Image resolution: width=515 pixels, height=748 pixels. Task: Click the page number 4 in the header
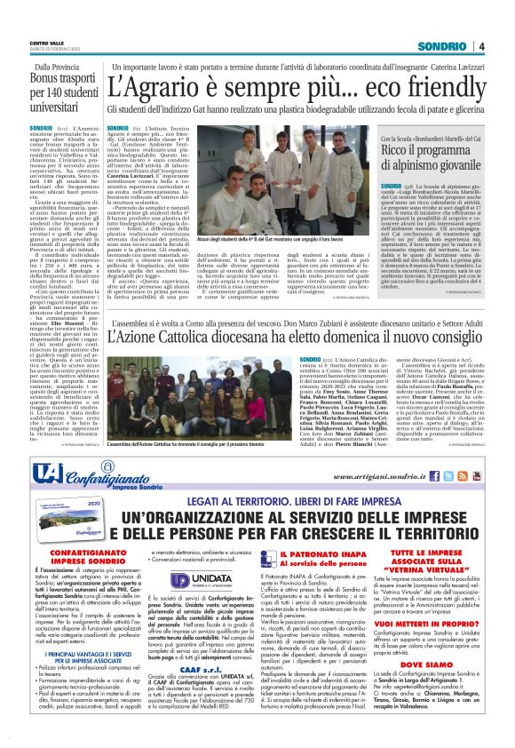pyautogui.click(x=481, y=46)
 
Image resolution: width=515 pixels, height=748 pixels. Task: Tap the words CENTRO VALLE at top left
pyautogui.click(x=46, y=43)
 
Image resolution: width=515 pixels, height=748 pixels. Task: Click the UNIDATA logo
pyautogui.click(x=201, y=578)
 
